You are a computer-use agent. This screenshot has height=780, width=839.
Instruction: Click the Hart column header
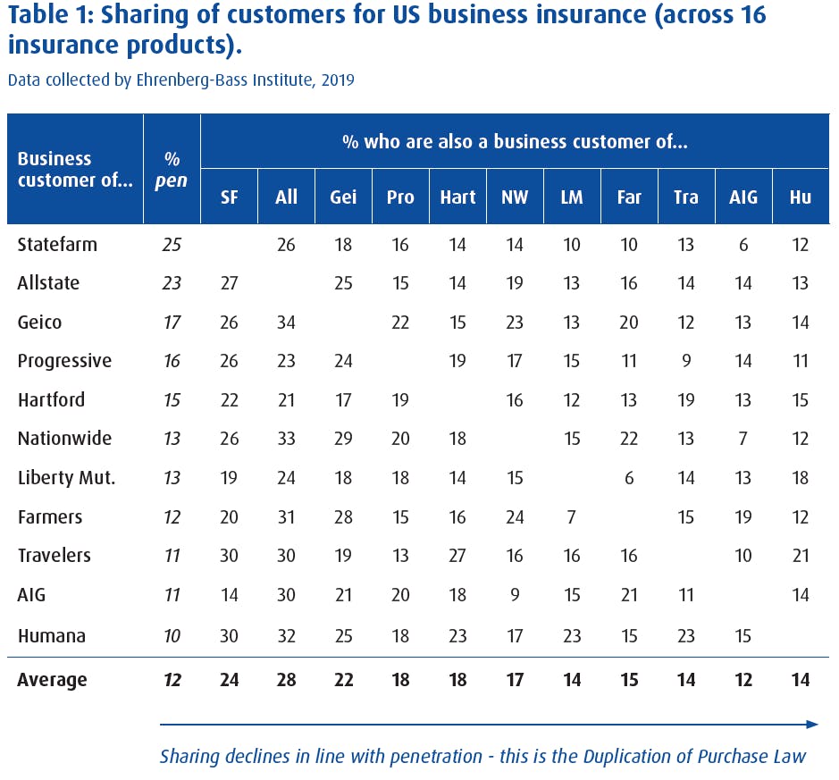point(457,197)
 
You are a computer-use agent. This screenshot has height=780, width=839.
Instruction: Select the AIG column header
point(743,197)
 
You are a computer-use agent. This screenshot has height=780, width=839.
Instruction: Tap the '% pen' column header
point(172,170)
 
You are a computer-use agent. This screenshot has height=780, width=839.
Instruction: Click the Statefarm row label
point(57,244)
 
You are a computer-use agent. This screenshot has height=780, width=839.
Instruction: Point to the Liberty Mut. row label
point(66,478)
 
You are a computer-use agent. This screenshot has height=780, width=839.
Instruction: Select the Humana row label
point(52,636)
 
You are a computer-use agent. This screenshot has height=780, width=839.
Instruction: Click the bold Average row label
point(52,680)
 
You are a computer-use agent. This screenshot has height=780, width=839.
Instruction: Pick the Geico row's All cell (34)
point(286,322)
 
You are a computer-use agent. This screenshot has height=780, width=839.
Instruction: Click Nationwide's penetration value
point(172,439)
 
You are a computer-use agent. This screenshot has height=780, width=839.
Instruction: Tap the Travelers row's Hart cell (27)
point(457,556)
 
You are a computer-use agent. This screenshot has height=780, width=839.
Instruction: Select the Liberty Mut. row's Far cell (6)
point(629,478)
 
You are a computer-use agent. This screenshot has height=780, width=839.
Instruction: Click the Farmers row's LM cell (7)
point(572,516)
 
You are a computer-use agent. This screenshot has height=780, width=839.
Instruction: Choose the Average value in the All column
point(286,680)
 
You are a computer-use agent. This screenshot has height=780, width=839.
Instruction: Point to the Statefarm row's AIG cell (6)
point(743,244)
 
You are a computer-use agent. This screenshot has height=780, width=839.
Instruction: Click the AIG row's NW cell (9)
point(515,595)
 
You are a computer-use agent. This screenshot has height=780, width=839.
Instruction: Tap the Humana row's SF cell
point(229,636)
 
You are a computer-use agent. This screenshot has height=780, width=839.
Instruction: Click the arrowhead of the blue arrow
point(812,724)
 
